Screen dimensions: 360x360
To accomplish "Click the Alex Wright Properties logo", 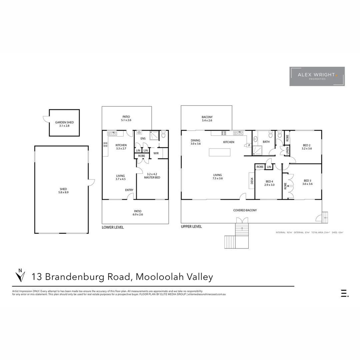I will click(x=317, y=76).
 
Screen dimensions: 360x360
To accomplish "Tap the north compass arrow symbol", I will click(x=20, y=275).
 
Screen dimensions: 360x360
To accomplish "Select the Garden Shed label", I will click(x=64, y=124).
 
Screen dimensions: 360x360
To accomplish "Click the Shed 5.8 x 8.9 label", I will click(x=62, y=191).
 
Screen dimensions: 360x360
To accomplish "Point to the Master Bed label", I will click(x=152, y=176).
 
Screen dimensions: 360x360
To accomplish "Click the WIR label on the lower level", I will click(x=156, y=153).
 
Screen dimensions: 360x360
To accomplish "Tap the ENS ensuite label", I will click(x=143, y=138).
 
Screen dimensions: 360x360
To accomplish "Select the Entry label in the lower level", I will click(x=129, y=190).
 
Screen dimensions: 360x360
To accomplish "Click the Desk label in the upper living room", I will click(x=252, y=181).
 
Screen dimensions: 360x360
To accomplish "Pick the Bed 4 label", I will click(x=269, y=183).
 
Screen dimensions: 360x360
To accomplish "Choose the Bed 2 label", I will click(x=307, y=147).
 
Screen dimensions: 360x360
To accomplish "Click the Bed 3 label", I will click(x=307, y=182).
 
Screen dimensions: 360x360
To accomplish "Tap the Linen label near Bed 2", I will click(x=287, y=151).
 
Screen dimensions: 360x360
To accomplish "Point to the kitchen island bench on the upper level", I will click(x=220, y=152).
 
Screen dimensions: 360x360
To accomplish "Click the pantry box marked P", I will click(x=249, y=145).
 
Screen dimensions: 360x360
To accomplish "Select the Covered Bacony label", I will click(x=245, y=210).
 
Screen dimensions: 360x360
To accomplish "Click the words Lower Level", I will click(x=113, y=227).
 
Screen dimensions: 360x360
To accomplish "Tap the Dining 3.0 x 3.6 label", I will click(x=195, y=142).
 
